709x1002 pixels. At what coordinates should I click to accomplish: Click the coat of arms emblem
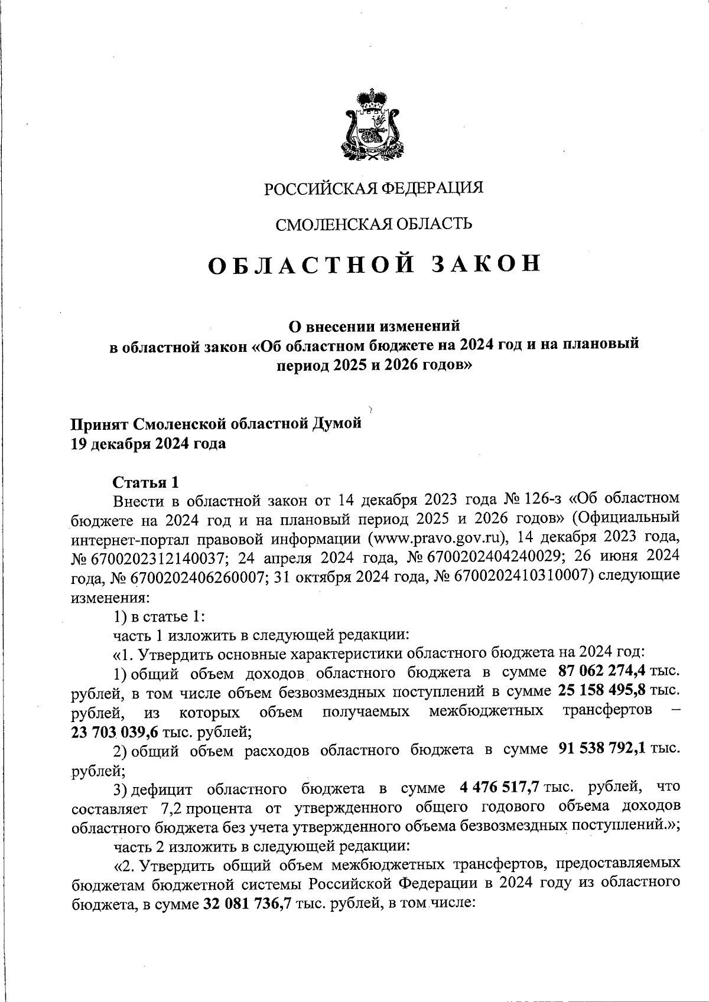pos(372,125)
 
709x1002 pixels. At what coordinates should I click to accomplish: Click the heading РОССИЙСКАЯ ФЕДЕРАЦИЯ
pos(373,188)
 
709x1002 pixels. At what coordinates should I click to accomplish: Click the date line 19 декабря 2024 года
pos(148,443)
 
